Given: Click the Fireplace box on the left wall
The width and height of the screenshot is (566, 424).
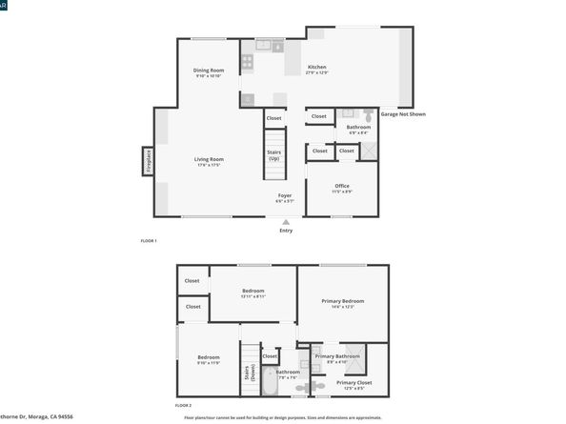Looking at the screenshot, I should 149,162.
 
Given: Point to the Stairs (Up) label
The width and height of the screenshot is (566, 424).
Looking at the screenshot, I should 273,154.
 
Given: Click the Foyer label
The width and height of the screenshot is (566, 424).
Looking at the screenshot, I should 285,197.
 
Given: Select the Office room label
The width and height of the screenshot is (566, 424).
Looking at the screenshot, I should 342,188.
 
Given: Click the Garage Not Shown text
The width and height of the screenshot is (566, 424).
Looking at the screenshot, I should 403,113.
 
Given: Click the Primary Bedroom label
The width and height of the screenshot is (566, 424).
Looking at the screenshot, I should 342,303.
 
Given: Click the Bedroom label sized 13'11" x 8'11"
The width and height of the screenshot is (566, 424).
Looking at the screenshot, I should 253,293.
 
